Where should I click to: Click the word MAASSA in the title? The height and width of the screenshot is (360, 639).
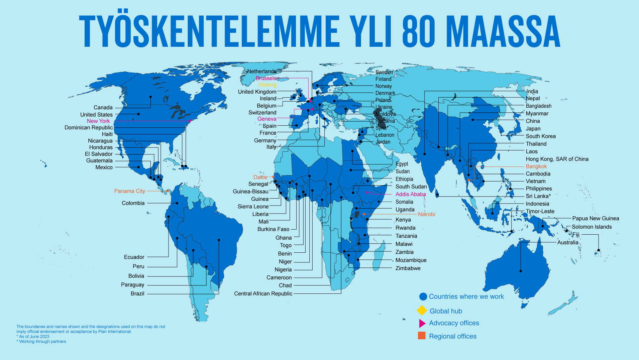(503, 31)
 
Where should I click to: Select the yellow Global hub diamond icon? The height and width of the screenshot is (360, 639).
(422, 311)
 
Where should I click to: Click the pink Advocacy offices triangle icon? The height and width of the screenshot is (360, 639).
(422, 323)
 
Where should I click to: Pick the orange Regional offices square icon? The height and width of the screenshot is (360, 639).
(422, 336)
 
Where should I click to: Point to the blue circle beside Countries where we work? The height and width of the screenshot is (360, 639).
(423, 296)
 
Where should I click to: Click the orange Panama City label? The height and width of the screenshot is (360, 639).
(129, 191)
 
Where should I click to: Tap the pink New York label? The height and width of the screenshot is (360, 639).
(98, 121)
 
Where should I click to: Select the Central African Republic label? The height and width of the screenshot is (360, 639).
(263, 293)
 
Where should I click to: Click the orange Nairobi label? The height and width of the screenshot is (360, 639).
(426, 214)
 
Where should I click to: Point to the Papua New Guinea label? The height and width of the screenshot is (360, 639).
(595, 218)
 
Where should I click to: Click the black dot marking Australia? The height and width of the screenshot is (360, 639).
(521, 271)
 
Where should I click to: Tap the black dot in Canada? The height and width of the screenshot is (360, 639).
(150, 97)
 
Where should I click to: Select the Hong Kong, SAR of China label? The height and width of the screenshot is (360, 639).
(557, 159)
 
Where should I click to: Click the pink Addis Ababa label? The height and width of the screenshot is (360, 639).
(410, 194)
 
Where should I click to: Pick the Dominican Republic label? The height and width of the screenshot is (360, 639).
(88, 128)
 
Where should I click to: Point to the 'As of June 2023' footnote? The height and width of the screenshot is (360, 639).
(34, 337)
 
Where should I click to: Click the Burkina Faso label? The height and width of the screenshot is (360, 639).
(273, 229)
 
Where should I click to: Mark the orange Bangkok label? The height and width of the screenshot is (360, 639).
(536, 166)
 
